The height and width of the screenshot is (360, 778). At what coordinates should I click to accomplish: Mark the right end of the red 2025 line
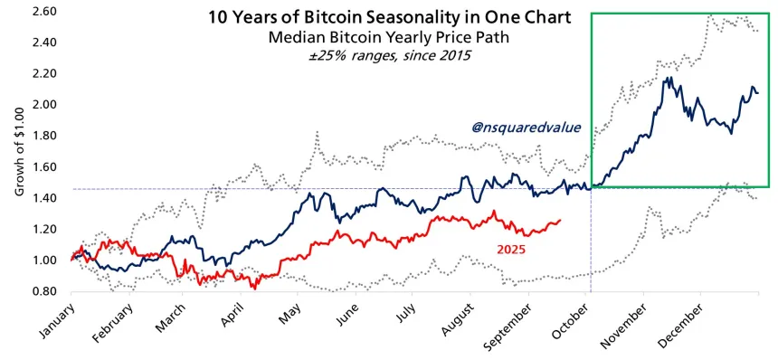[x=560, y=220]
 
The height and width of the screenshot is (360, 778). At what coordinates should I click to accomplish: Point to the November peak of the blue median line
[x=667, y=78]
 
